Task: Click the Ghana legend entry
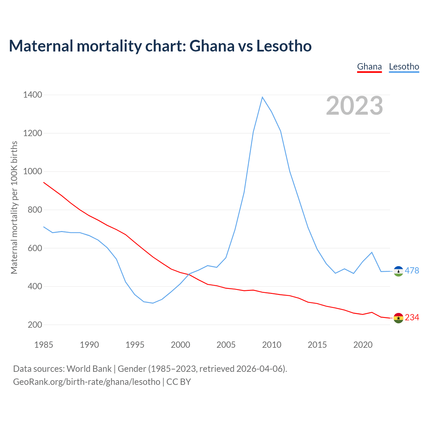[x=369, y=67]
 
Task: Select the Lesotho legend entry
[x=404, y=67]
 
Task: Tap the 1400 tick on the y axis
[x=32, y=95]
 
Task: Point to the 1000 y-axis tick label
[x=32, y=172]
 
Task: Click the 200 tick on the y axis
[x=35, y=325]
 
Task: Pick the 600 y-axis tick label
[x=35, y=248]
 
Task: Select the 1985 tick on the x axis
[x=44, y=345]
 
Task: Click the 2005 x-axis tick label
[x=226, y=345]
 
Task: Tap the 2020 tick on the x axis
[x=363, y=345]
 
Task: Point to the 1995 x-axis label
[x=135, y=345]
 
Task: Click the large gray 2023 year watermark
[x=354, y=106]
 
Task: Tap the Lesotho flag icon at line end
[x=398, y=271]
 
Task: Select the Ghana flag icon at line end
[x=398, y=318]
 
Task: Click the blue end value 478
[x=412, y=271]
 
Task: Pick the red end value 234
[x=412, y=317]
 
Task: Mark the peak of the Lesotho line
[x=262, y=97]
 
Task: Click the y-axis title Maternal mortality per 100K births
[x=14, y=207]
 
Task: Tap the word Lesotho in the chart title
[x=284, y=46]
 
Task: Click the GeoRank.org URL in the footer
[x=87, y=382]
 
